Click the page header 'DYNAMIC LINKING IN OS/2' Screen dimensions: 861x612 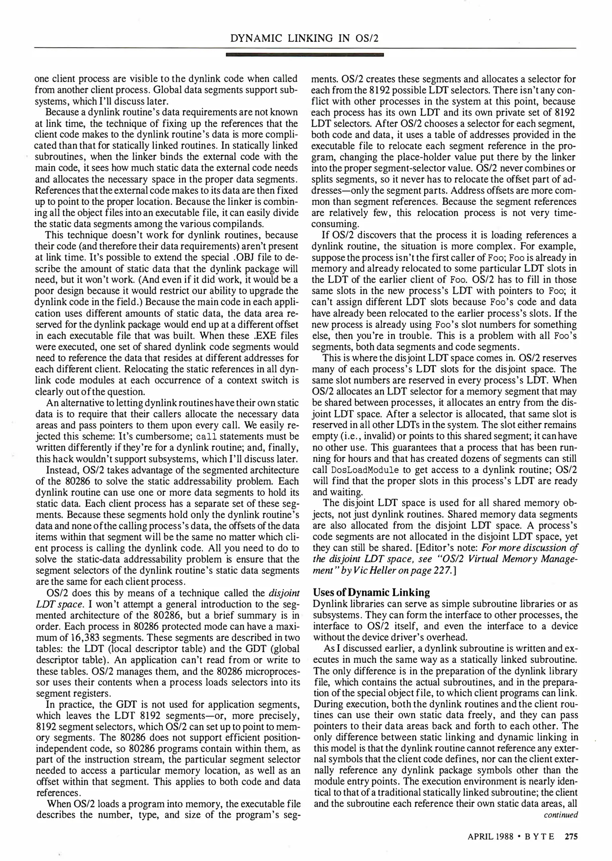point(304,38)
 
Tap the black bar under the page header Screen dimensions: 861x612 point(304,55)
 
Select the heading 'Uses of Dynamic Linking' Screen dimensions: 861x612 point(372,592)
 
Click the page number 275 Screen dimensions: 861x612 point(571,837)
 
